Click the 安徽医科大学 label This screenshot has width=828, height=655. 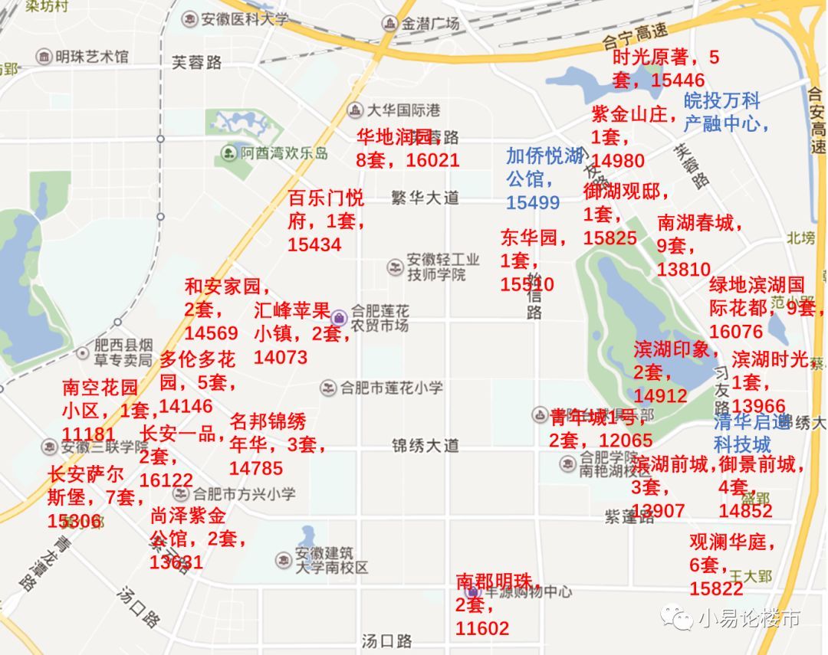(245, 18)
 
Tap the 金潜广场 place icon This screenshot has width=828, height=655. (389, 24)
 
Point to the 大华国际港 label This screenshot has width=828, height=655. (403, 110)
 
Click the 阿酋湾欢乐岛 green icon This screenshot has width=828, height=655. (228, 153)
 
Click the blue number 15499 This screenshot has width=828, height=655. (532, 202)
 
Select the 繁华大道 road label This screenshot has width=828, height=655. (425, 198)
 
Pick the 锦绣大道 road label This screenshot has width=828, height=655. (425, 445)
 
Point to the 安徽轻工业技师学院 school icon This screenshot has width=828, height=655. (395, 267)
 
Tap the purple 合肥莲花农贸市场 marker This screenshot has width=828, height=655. (340, 316)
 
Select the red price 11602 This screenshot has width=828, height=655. (482, 628)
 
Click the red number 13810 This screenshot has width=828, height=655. (684, 270)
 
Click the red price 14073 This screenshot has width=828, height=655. (281, 357)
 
